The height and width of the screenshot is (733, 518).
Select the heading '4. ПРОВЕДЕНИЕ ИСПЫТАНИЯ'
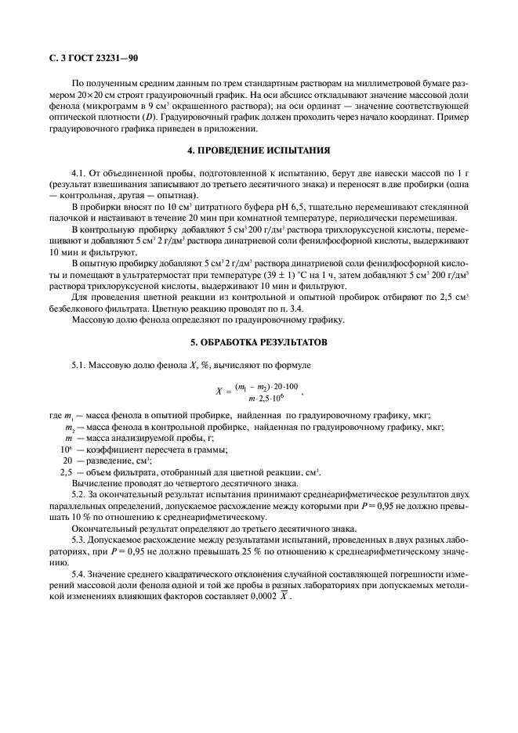[259, 150]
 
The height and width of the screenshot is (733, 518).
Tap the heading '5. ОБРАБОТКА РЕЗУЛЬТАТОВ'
[258, 343]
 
